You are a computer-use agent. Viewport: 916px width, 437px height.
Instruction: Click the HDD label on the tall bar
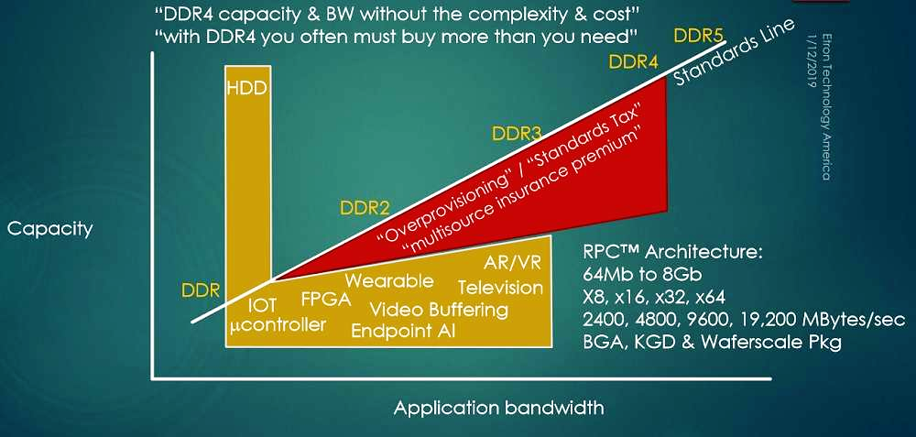point(247,89)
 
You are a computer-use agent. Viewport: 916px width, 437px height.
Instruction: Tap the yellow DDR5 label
point(699,37)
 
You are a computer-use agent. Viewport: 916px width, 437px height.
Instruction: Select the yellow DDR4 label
point(634,62)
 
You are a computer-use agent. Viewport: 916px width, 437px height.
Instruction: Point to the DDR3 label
point(517,134)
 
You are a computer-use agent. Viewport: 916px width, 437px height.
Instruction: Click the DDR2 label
point(365,208)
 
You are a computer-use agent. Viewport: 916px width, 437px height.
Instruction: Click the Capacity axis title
point(49,228)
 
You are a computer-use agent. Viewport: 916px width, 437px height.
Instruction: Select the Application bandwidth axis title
point(499,407)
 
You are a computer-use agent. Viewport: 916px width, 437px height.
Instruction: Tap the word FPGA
point(326,300)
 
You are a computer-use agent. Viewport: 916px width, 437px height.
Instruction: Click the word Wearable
point(389,281)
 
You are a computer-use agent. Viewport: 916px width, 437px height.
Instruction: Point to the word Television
point(500,288)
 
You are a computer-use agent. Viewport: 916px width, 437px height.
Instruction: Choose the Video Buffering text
point(439,310)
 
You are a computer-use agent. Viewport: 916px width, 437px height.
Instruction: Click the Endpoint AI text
point(402,331)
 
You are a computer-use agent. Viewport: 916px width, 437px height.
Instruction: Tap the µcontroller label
point(278,324)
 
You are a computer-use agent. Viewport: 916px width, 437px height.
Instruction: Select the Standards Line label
point(736,51)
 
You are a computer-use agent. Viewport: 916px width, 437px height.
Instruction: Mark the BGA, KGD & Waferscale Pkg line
point(712,342)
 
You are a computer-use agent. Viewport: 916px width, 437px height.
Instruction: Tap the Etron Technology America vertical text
point(826,105)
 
